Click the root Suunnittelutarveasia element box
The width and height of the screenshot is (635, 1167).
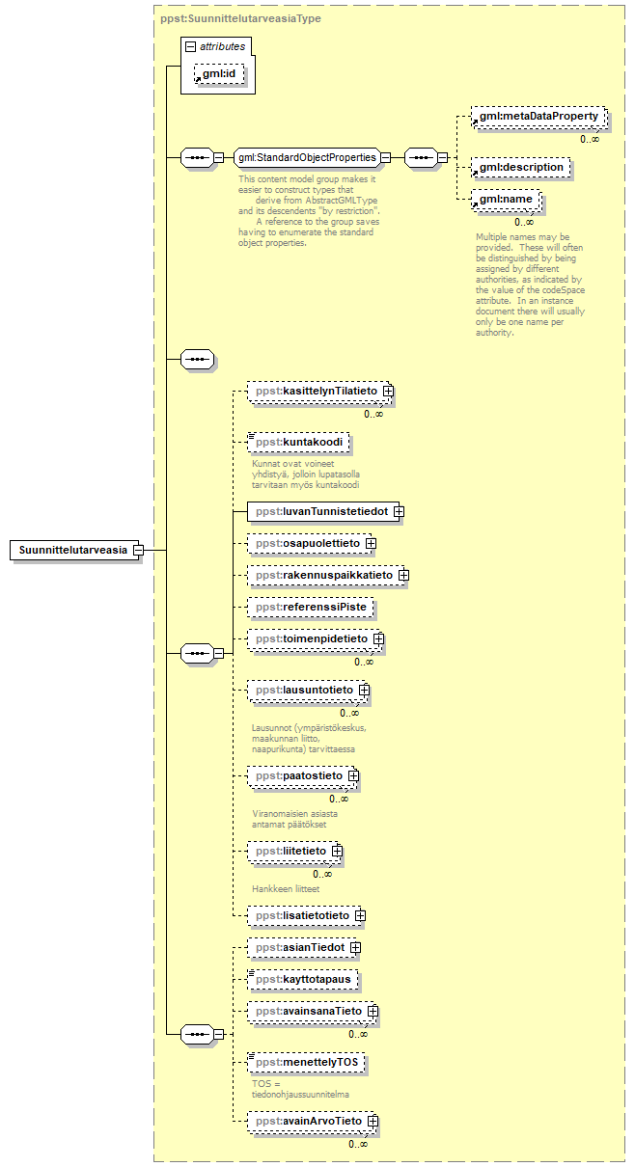click(x=72, y=550)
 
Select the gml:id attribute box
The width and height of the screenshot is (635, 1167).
click(x=219, y=74)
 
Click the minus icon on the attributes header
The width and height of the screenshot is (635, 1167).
click(x=191, y=46)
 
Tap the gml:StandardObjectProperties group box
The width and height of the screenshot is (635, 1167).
click(x=307, y=158)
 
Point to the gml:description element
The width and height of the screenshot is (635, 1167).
click(x=520, y=167)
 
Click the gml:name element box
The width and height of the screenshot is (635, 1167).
click(x=505, y=200)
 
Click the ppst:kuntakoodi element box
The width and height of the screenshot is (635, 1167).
click(x=298, y=443)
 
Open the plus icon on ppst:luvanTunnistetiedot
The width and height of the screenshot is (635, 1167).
click(x=398, y=511)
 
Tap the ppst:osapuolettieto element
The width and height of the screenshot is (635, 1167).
click(x=307, y=544)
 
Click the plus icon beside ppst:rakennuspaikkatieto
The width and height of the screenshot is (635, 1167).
click(x=403, y=576)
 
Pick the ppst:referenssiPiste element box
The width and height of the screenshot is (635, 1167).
click(x=310, y=608)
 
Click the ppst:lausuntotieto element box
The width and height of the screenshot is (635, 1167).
click(x=303, y=691)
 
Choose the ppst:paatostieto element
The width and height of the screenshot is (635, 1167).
click(x=298, y=775)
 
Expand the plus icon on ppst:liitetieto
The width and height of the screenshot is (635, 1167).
click(x=337, y=852)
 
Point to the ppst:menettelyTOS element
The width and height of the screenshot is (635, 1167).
click(x=305, y=1063)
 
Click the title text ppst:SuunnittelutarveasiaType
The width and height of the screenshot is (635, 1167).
click(x=241, y=18)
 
